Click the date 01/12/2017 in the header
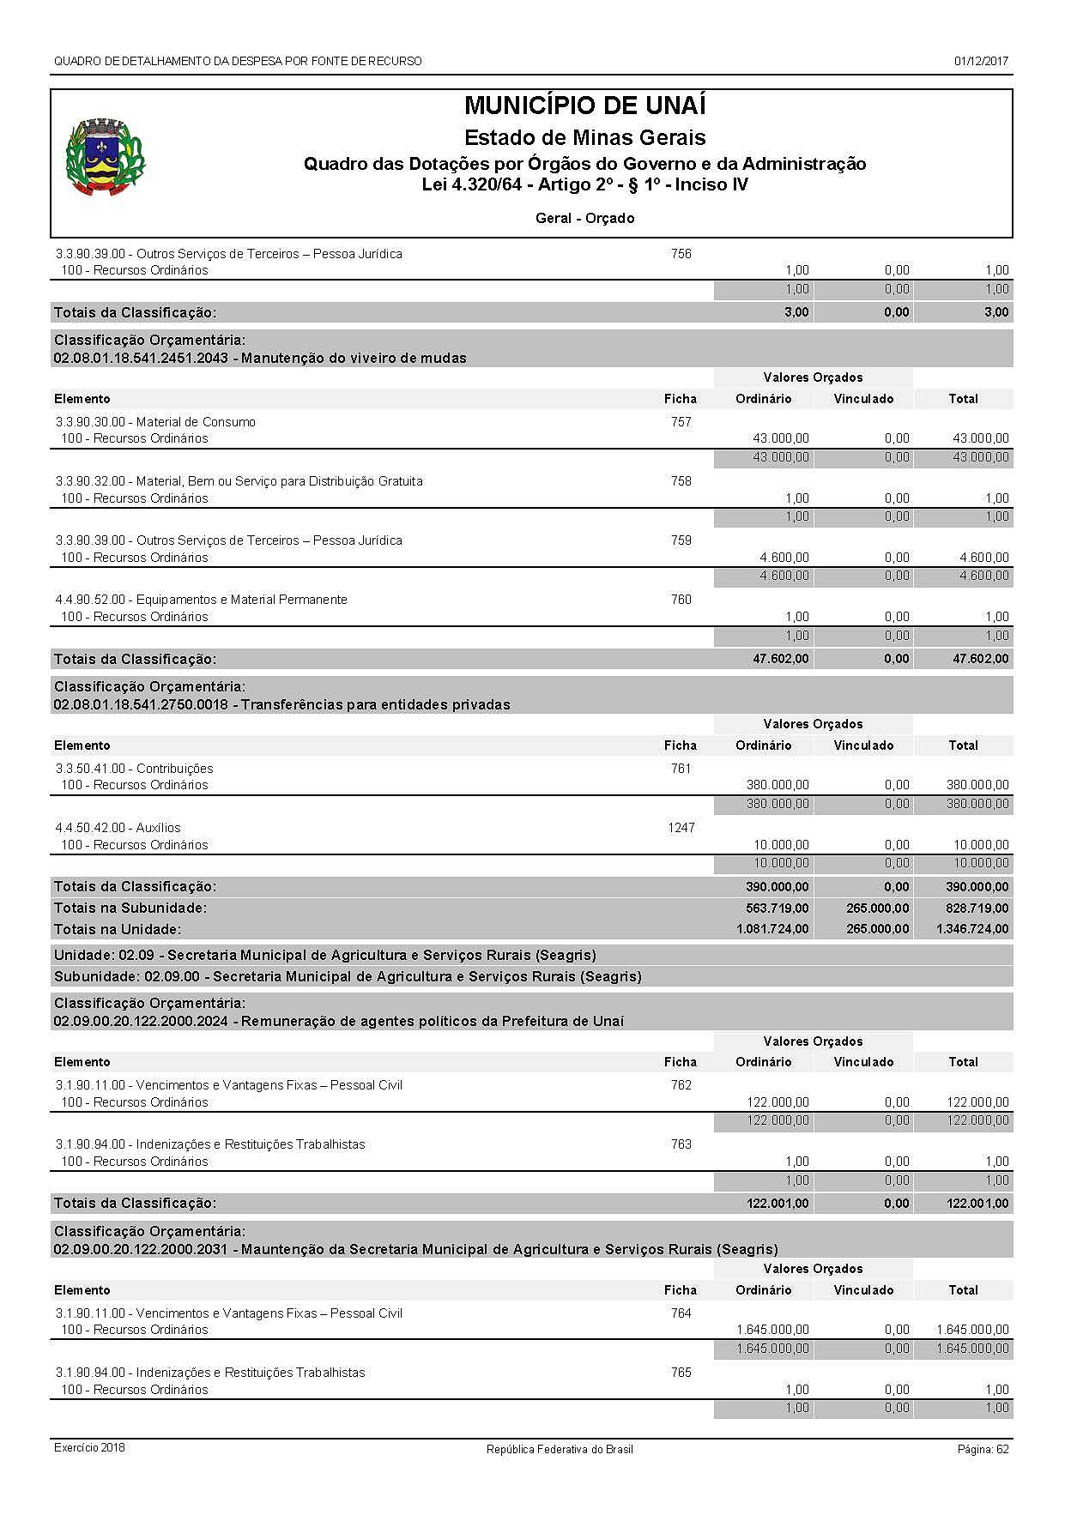[x=981, y=61]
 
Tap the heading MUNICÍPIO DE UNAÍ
[x=584, y=106]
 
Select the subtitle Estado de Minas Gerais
[x=584, y=138]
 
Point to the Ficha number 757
[x=681, y=422]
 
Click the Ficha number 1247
[x=681, y=828]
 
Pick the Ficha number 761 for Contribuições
[x=681, y=769]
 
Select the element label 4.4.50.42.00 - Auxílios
[x=118, y=828]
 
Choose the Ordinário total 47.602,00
[x=778, y=659]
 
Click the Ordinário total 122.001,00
[x=778, y=1204]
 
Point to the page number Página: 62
[x=983, y=1449]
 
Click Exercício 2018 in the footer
[x=89, y=1448]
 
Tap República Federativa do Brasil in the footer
[x=560, y=1449]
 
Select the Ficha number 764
[x=681, y=1313]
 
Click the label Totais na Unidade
[x=118, y=929]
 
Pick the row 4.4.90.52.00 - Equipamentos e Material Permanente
[x=202, y=600]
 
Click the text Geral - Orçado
[x=584, y=218]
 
